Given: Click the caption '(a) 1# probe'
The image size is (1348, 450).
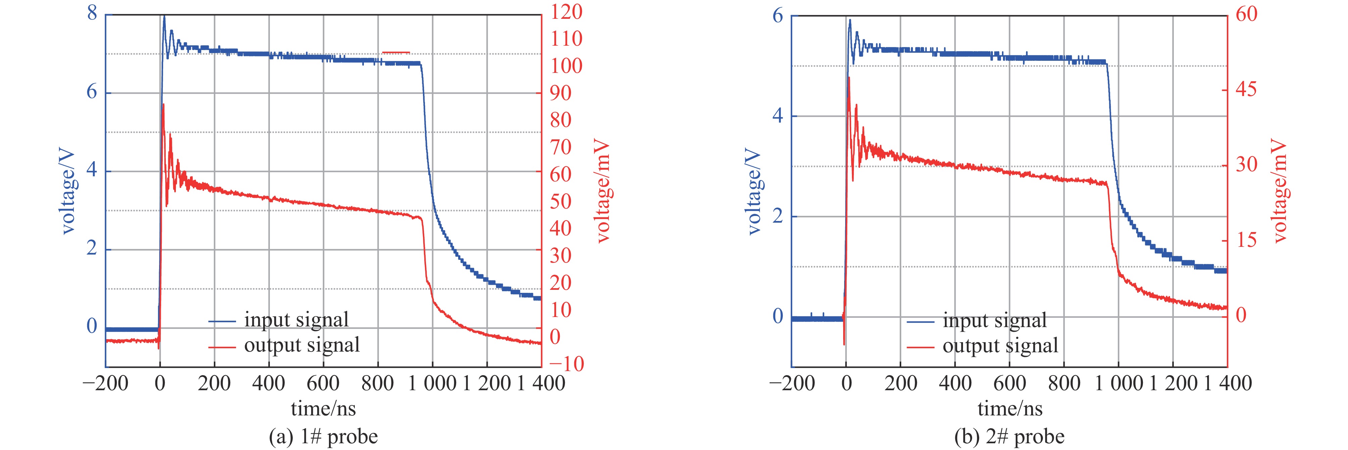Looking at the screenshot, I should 323,436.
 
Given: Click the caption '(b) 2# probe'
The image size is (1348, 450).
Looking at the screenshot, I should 1009,436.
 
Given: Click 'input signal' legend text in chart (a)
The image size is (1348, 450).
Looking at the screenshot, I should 296,320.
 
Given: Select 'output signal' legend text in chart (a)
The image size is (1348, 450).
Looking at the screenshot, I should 302,345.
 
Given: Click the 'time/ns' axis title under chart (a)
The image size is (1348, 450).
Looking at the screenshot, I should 323,409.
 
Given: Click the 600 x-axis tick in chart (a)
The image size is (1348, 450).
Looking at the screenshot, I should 323,384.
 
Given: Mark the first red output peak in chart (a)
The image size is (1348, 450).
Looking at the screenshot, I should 163,105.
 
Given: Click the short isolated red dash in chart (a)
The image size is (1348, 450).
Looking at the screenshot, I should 396,52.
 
